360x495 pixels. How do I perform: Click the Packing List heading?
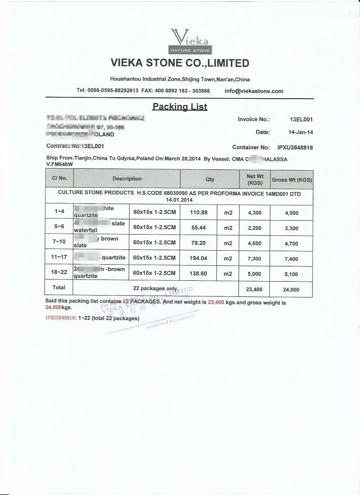click(x=180, y=106)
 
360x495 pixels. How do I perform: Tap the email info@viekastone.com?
click(x=254, y=91)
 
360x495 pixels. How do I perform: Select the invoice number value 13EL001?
click(x=301, y=120)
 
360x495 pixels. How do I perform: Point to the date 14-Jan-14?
click(x=300, y=133)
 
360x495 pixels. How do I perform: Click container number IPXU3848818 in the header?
click(x=295, y=148)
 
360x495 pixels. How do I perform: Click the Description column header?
click(x=127, y=179)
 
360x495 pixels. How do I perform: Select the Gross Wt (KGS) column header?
click(x=292, y=180)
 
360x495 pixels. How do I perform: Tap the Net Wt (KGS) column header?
click(x=255, y=180)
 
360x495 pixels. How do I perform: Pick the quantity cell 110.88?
click(x=199, y=213)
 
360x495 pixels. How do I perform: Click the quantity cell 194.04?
click(x=199, y=258)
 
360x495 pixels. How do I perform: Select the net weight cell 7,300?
click(x=255, y=259)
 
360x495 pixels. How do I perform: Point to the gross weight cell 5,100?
click(x=291, y=274)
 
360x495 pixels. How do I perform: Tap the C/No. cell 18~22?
click(x=59, y=272)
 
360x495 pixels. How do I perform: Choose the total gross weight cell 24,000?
click(x=291, y=290)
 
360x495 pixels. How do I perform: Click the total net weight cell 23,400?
click(x=255, y=290)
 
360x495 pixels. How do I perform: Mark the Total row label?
click(x=59, y=288)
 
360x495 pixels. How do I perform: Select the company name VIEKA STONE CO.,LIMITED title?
click(x=180, y=63)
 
